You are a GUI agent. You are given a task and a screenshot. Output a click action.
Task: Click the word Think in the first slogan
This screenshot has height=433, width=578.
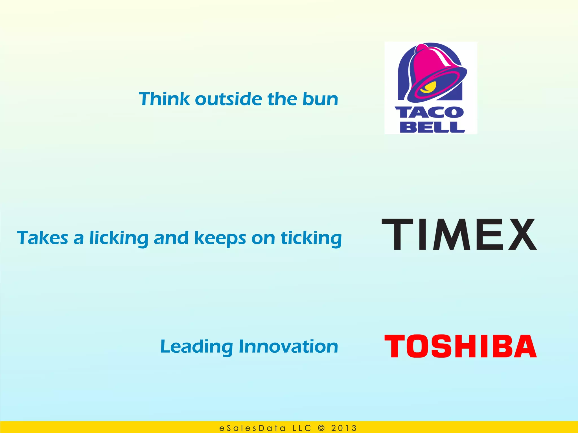click(x=164, y=99)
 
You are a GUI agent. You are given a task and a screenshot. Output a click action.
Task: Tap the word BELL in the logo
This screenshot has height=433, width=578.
click(x=432, y=127)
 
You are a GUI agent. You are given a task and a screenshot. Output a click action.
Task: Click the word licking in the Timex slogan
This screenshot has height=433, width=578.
click(x=119, y=238)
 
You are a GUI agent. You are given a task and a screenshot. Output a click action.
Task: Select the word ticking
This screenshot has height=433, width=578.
click(x=311, y=238)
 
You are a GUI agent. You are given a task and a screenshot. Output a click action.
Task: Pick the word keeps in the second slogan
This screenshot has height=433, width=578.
click(x=220, y=238)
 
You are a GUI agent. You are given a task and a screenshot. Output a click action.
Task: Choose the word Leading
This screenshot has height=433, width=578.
click(x=196, y=347)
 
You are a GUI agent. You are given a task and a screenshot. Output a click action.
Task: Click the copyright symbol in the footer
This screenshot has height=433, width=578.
click(x=321, y=428)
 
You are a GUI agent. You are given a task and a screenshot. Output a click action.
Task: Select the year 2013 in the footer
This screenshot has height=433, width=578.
click(x=344, y=428)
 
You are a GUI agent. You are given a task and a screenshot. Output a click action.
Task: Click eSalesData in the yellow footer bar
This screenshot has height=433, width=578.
click(x=252, y=428)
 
